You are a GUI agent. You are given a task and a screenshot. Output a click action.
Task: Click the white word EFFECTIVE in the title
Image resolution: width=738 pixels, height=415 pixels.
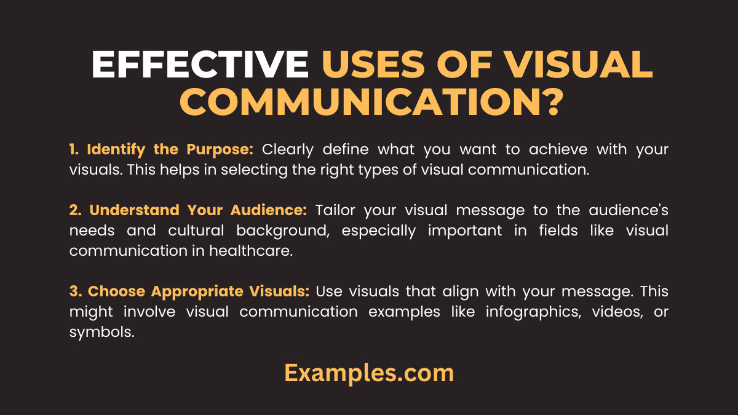pyautogui.click(x=200, y=65)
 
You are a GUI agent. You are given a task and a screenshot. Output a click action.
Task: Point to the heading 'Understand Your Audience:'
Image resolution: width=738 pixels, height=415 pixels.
pyautogui.click(x=188, y=210)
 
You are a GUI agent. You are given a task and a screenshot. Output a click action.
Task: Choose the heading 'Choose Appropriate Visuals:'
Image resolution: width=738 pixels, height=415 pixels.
pyautogui.click(x=190, y=291)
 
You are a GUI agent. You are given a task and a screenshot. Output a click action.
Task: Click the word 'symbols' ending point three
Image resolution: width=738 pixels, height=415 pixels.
pyautogui.click(x=101, y=331)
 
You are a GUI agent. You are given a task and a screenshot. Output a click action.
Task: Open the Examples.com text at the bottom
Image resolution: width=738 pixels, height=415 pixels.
pyautogui.click(x=369, y=373)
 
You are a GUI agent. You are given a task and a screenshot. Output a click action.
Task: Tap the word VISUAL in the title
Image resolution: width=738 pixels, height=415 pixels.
pyautogui.click(x=565, y=65)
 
